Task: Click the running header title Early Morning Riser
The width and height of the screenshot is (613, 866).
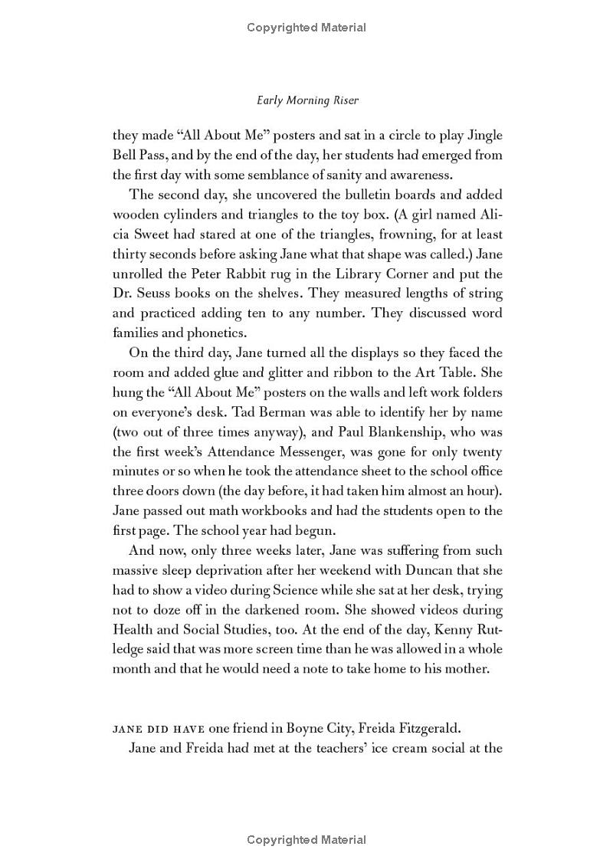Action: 306,100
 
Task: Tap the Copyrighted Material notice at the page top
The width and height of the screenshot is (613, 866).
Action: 306,28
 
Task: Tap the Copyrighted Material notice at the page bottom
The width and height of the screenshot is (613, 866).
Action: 306,840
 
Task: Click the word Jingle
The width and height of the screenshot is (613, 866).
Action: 479,136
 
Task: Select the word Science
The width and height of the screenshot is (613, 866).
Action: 323,589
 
